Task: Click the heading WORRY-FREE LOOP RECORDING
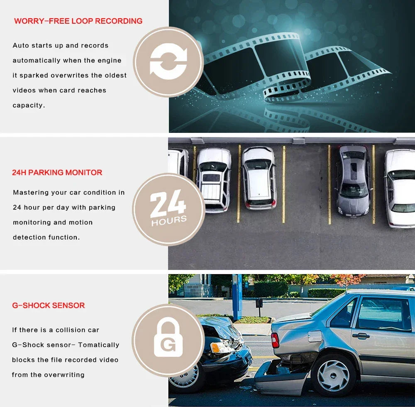pos(78,21)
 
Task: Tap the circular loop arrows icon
pos(168,62)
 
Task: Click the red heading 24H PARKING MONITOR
pos(57,172)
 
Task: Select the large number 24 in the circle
pos(168,203)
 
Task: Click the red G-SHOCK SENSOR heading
pos(48,305)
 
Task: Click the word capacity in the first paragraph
pos(28,105)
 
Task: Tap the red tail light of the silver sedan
pos(275,340)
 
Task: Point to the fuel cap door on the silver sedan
pos(315,336)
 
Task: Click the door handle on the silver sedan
pos(361,336)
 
